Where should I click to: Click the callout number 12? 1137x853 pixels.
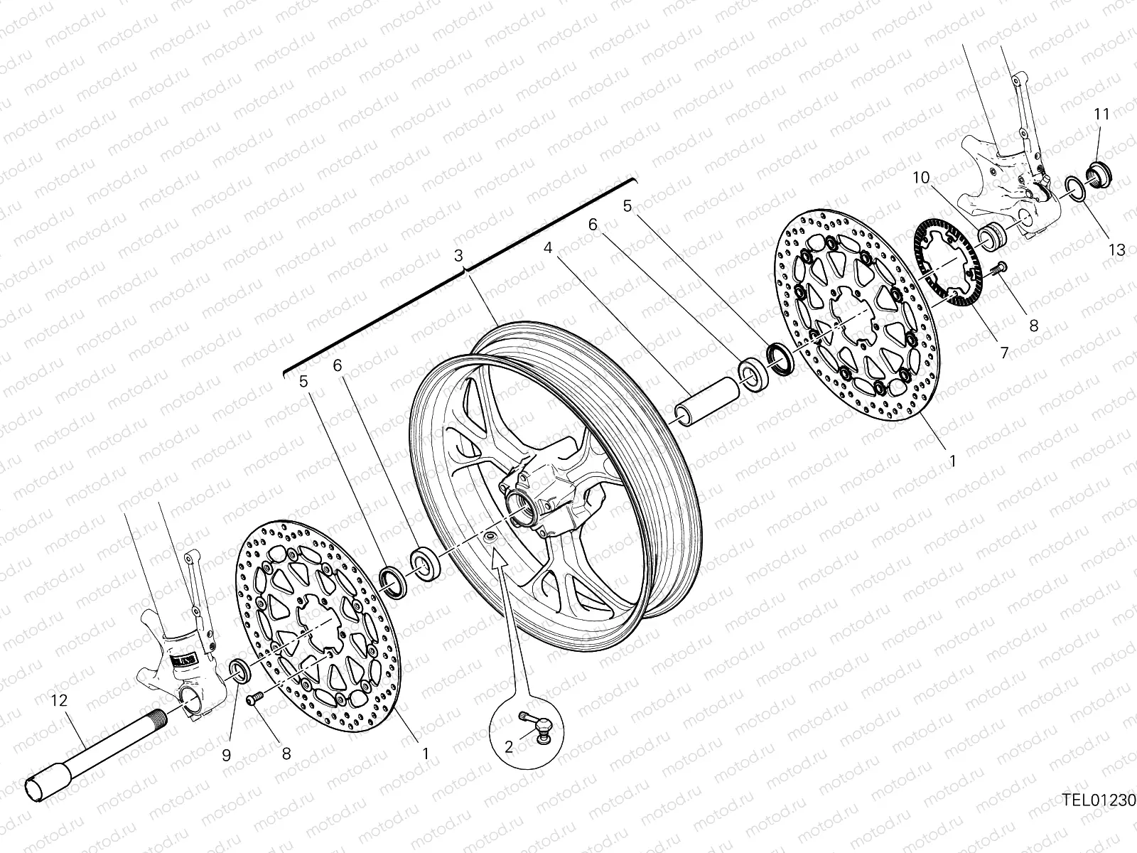58,700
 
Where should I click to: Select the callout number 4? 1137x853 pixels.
547,248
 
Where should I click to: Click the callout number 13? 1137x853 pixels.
1117,250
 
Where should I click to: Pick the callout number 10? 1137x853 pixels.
921,178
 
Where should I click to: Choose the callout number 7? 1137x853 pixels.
1004,352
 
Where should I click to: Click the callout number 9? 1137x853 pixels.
226,756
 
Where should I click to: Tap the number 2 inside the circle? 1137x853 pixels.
509,746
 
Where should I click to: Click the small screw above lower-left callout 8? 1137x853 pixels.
254,701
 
